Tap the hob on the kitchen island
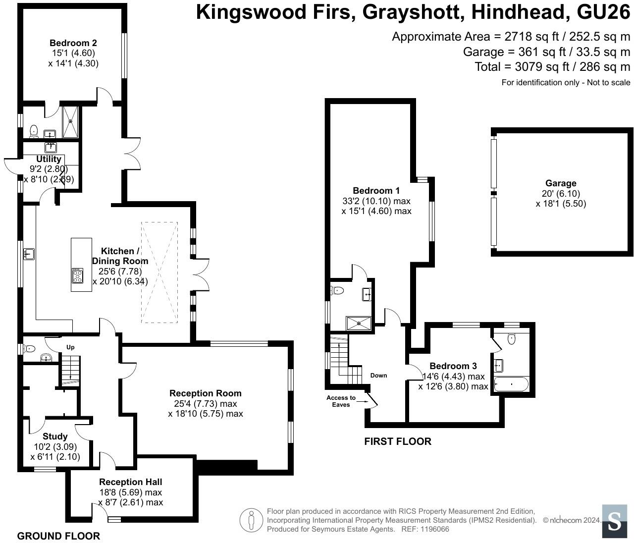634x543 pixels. [78, 275]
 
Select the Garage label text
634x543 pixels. [561, 183]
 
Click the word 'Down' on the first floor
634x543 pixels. [378, 375]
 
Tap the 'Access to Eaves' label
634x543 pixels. [341, 401]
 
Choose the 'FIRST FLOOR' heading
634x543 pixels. [398, 441]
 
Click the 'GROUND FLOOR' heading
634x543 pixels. [58, 536]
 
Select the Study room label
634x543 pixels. [55, 436]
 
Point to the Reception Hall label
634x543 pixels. [130, 482]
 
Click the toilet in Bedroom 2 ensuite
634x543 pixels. [34, 131]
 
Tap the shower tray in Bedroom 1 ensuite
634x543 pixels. [360, 323]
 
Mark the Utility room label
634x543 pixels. [49, 159]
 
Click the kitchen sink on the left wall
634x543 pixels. [28, 254]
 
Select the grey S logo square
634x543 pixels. [615, 521]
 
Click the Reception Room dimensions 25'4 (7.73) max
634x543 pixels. [206, 403]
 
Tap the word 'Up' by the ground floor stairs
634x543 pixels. [70, 347]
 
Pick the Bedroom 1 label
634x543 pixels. [376, 191]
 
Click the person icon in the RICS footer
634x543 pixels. [251, 521]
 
